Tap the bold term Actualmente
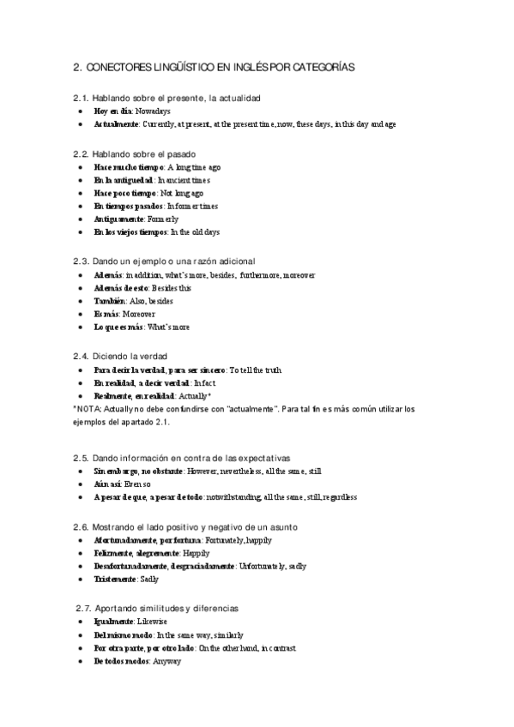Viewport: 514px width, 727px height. pyautogui.click(x=117, y=124)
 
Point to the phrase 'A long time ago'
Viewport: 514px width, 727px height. pyautogui.click(x=193, y=167)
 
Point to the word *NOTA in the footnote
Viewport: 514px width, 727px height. pyautogui.click(x=88, y=409)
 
